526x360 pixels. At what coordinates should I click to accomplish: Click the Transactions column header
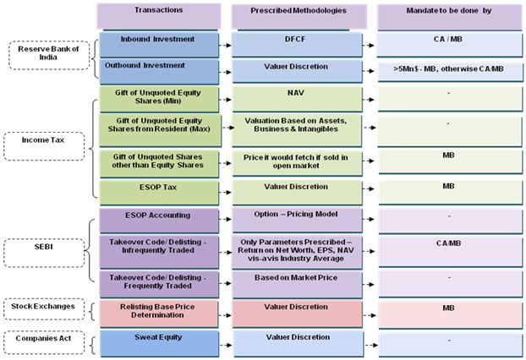[159, 16]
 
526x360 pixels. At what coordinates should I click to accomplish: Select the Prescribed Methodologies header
[299, 16]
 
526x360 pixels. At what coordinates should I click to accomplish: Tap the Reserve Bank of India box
[49, 55]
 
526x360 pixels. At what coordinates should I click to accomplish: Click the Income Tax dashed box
[44, 146]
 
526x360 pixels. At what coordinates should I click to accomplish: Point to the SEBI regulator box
[44, 253]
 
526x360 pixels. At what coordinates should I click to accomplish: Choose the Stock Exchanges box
[44, 309]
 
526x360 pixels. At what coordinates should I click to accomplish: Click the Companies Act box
[44, 342]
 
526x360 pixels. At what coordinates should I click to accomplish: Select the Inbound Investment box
[159, 45]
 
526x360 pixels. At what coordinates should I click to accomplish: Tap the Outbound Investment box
[159, 72]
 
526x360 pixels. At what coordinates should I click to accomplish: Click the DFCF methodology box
[297, 45]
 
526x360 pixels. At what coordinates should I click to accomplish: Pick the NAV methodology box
[297, 99]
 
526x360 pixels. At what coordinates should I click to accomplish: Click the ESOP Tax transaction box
[159, 193]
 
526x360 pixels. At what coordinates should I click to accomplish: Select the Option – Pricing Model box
[297, 221]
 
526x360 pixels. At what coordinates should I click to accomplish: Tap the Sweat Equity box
[159, 344]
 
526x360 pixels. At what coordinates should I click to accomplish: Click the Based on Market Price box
[297, 285]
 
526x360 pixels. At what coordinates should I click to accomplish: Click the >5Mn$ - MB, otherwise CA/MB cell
[450, 72]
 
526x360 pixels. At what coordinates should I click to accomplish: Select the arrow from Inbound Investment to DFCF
[225, 46]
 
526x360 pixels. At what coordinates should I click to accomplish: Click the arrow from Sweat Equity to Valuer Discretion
[226, 345]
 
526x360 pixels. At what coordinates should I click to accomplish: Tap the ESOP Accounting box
[159, 221]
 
